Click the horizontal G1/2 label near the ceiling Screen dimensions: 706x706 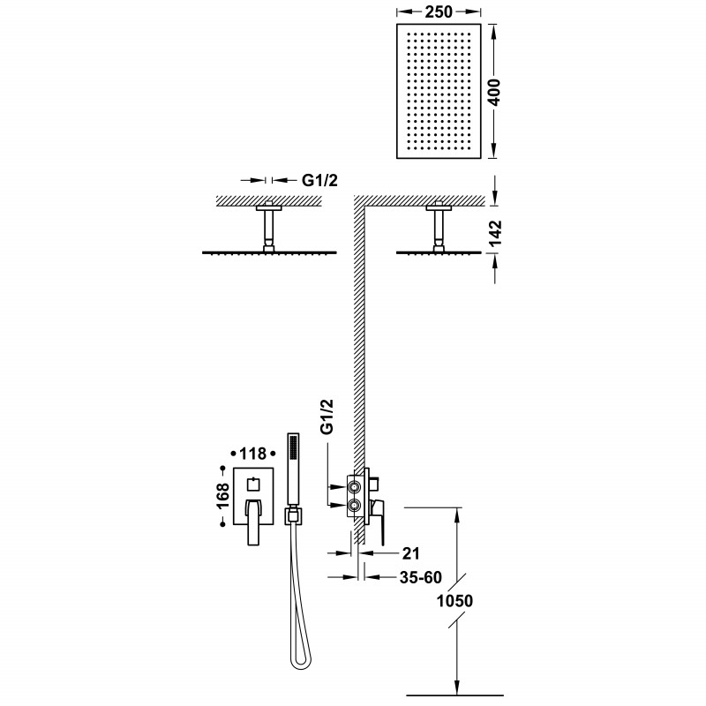point(319,180)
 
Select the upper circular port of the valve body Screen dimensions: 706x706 point(356,485)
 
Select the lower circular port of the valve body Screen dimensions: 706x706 point(356,507)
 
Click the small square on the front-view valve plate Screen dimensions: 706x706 point(254,482)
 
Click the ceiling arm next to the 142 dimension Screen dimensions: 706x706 point(438,228)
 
